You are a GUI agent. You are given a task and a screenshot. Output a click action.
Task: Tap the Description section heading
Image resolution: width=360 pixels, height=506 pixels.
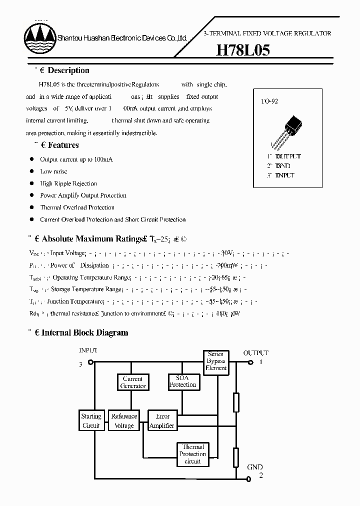pyautogui.click(x=68, y=70)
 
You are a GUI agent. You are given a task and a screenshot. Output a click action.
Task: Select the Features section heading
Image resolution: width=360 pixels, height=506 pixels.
pyautogui.click(x=63, y=145)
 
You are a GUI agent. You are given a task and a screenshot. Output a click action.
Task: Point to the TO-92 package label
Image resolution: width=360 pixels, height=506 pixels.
pyautogui.click(x=269, y=101)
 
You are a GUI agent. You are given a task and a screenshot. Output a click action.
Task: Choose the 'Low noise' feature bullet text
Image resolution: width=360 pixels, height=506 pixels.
pyautogui.click(x=53, y=171)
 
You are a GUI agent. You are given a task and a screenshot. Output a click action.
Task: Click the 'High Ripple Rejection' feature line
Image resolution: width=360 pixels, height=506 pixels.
pyautogui.click(x=68, y=183)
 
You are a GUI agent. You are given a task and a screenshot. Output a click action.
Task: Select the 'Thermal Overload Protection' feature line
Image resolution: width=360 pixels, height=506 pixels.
pyautogui.click(x=77, y=207)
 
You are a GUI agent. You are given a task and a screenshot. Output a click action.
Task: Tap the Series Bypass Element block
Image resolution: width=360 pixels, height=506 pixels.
pyautogui.click(x=216, y=361)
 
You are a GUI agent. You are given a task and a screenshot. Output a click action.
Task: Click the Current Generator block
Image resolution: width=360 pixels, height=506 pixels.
pyautogui.click(x=133, y=382)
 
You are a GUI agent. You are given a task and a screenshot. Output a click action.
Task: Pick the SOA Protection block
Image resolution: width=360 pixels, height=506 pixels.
pyautogui.click(x=183, y=381)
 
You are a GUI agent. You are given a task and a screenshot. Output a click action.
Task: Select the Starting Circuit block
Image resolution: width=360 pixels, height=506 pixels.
pyautogui.click(x=91, y=420)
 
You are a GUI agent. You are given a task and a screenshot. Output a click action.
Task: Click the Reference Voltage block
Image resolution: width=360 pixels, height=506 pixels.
pyautogui.click(x=124, y=420)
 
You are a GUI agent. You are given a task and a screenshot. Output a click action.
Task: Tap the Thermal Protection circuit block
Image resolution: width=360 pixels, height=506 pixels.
pyautogui.click(x=192, y=454)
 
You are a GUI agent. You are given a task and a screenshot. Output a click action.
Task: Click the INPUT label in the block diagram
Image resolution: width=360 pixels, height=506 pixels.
pyautogui.click(x=88, y=351)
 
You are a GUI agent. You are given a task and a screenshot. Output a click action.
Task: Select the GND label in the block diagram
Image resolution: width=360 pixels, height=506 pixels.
pyautogui.click(x=254, y=467)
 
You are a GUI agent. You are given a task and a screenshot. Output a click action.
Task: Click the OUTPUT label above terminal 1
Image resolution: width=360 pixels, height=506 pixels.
pyautogui.click(x=255, y=353)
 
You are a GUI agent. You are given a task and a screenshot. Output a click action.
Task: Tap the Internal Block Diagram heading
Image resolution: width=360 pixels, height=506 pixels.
pyautogui.click(x=84, y=332)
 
